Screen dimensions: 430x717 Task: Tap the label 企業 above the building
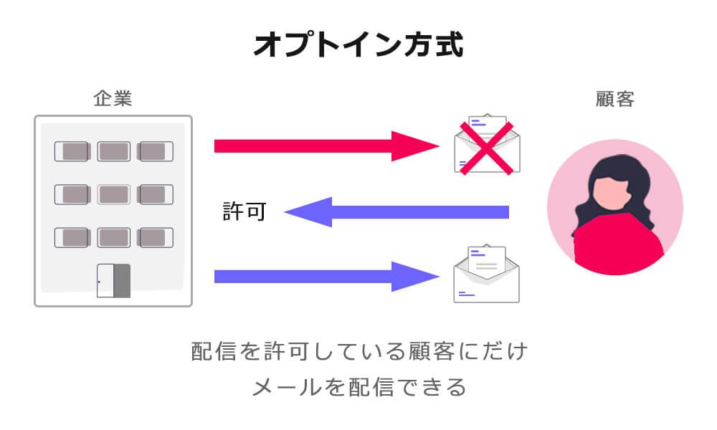[x=113, y=99]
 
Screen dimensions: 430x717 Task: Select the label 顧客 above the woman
[x=614, y=99]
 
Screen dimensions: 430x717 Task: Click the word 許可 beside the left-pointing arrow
[x=244, y=212]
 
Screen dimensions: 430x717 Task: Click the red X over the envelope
[x=487, y=148]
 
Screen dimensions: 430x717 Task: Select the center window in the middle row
[x=113, y=194]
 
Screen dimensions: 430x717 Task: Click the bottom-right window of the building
[x=156, y=237]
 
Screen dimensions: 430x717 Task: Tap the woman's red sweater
[x=617, y=247]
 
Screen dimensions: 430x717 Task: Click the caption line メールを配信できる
[x=358, y=388]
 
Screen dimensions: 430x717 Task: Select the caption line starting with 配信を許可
[x=358, y=352]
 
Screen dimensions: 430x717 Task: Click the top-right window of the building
[x=156, y=151]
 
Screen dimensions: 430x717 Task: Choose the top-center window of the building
[x=113, y=151]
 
